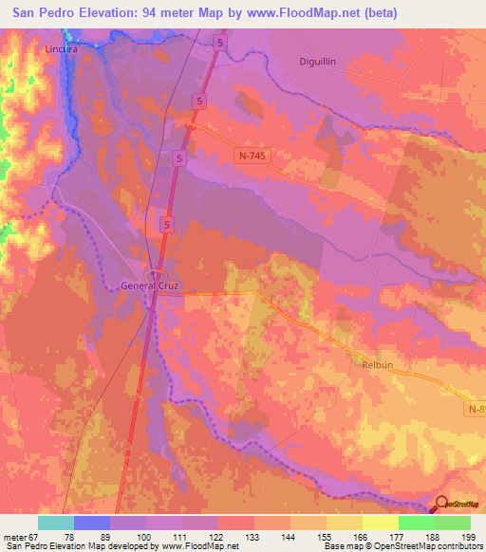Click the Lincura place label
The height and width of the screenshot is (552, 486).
point(60,47)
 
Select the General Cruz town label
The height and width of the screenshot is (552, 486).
point(149,285)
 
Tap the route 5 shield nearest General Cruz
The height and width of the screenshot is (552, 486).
point(167,225)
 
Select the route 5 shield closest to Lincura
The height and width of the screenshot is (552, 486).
point(220,44)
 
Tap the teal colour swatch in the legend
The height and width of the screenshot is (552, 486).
point(56,523)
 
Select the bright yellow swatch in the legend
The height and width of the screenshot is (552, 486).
point(380,523)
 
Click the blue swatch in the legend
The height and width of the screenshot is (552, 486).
point(92,523)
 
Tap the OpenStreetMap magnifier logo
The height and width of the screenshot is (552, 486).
point(441,505)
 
